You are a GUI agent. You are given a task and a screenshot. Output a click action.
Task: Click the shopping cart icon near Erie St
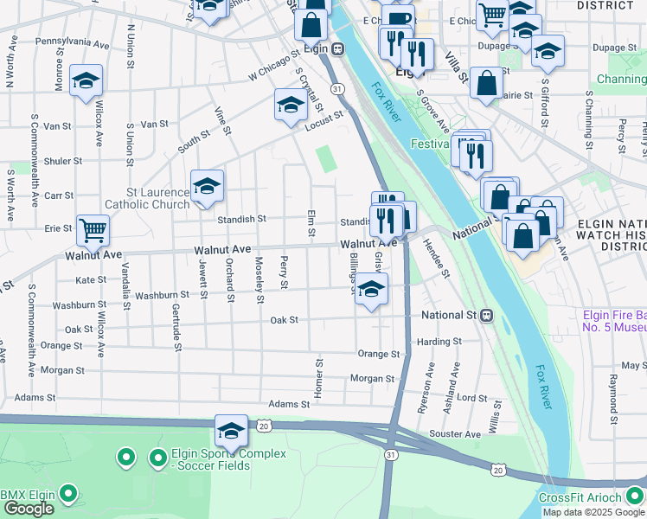coord(93,230)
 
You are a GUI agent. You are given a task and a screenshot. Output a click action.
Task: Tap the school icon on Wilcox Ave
coord(86,80)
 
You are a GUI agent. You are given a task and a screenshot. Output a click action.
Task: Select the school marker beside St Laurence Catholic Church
coord(208,186)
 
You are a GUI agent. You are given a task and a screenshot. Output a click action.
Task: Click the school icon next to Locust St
coord(291,105)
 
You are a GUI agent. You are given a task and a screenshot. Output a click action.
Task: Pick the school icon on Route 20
coord(232,430)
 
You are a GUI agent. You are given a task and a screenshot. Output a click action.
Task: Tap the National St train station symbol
coord(487,316)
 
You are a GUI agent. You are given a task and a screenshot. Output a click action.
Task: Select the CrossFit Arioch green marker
coord(635,496)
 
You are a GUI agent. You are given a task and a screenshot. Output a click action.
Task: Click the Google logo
coord(29,509)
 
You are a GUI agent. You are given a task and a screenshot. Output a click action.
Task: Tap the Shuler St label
coord(63,161)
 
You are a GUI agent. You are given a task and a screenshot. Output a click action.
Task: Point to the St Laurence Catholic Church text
coord(146,198)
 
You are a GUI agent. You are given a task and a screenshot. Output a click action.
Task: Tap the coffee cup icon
coord(398,19)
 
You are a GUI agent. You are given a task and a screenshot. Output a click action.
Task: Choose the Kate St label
coord(91,280)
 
